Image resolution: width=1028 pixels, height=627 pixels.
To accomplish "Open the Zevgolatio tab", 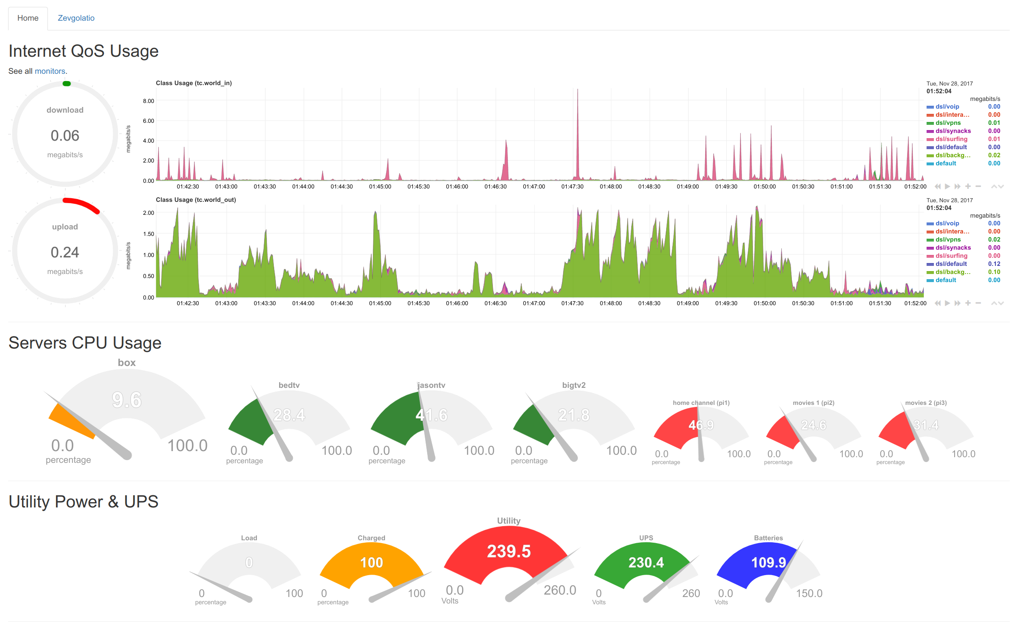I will [x=76, y=18].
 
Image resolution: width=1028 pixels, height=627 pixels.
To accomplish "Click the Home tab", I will [x=28, y=18].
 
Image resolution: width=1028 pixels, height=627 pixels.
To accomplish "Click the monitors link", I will [x=49, y=71].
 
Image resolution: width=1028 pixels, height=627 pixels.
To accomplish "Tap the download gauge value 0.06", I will [x=65, y=136].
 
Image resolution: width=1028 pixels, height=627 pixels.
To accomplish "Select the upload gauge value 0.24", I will [x=65, y=253].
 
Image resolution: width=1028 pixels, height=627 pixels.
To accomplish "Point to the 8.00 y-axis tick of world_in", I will [x=148, y=101].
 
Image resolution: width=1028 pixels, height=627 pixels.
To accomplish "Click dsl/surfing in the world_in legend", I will [x=952, y=139].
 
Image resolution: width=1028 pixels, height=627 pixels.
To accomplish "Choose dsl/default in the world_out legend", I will [x=951, y=264].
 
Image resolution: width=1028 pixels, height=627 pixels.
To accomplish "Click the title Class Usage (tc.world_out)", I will [x=196, y=200].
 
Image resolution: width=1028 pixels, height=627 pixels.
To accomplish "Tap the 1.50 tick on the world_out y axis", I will [x=148, y=234].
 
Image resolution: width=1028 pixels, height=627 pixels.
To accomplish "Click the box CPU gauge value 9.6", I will [x=127, y=400].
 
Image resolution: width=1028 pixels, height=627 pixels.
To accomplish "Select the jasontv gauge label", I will [x=431, y=385].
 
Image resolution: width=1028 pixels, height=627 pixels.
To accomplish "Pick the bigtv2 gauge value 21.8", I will [x=574, y=415].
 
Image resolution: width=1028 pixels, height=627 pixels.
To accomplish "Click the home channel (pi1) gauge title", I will [x=702, y=403].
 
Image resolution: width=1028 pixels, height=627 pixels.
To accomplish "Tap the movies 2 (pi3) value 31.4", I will [x=926, y=425].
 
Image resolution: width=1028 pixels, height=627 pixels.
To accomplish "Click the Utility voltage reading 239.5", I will [x=509, y=552].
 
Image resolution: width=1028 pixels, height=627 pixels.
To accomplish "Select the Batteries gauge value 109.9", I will [x=768, y=563].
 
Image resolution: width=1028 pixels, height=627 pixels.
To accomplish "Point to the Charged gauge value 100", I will [x=371, y=563].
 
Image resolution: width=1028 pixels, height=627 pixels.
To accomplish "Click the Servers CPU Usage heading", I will [x=85, y=343].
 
